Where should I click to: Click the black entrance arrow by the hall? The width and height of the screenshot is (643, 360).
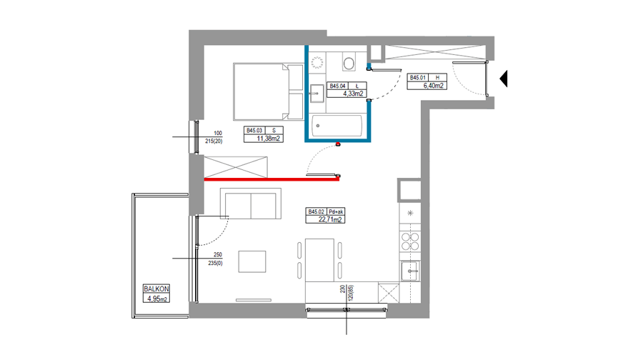[504, 79]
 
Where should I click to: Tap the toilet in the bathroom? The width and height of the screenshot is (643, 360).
[349, 62]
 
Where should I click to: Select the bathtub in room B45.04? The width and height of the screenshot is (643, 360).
[337, 126]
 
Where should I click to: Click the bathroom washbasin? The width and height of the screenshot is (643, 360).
[316, 94]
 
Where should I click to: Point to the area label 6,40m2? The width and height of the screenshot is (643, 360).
[433, 86]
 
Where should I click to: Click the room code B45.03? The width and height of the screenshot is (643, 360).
[254, 131]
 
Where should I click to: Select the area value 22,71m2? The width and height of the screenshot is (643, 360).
[330, 219]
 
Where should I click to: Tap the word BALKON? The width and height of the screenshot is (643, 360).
[156, 289]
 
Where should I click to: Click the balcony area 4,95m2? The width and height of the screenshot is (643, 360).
[157, 299]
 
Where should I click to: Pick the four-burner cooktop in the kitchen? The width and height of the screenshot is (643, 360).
[410, 241]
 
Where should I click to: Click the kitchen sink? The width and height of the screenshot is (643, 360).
[410, 271]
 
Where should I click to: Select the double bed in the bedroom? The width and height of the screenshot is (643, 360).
[269, 92]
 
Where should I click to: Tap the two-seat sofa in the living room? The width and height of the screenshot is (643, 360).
[251, 204]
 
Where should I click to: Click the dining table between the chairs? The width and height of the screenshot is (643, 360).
[319, 260]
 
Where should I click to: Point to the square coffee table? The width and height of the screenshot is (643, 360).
[252, 261]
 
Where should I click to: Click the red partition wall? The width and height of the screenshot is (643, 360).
[271, 179]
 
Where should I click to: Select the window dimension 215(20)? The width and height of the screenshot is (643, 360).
[214, 141]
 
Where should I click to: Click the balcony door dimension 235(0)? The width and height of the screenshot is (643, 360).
[215, 264]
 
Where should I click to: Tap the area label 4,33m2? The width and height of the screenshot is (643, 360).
[353, 94]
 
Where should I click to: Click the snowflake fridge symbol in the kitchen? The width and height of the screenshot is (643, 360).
[410, 213]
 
